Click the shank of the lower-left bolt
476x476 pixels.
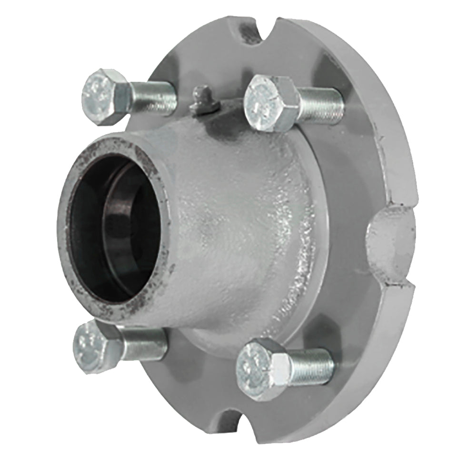click(143, 343)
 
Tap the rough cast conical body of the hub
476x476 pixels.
click(238, 228)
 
